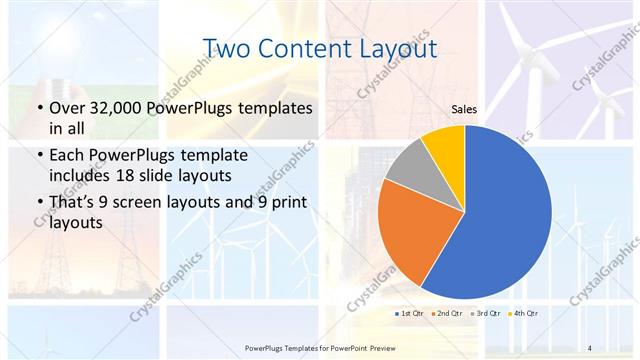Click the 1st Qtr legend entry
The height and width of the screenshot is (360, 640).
point(409,314)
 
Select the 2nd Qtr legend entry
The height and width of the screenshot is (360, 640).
point(447,314)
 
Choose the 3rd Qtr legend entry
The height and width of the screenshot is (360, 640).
point(486,314)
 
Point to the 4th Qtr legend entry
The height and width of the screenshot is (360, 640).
point(524,314)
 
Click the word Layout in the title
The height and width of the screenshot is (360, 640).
point(397,48)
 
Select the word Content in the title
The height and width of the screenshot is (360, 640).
point(305,48)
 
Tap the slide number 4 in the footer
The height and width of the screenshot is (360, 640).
point(589,347)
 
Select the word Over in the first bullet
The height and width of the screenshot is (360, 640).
point(65,108)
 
